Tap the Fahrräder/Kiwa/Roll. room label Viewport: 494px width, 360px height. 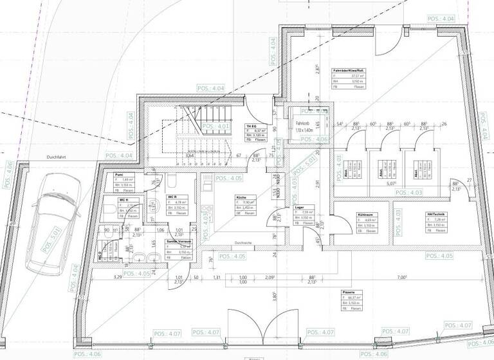pos(348,70)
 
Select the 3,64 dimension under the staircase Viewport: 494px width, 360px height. pos(190,156)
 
